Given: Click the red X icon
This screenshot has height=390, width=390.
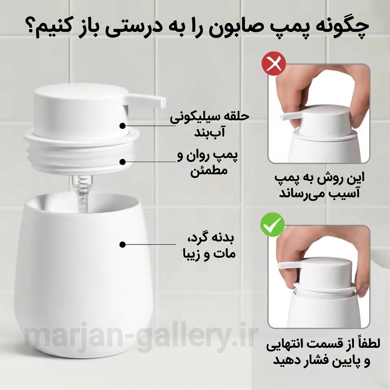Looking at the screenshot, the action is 273,64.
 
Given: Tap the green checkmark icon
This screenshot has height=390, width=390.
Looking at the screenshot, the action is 272,225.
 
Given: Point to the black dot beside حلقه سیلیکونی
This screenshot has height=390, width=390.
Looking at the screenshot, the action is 122,126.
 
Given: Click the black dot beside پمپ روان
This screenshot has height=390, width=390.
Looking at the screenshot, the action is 122,162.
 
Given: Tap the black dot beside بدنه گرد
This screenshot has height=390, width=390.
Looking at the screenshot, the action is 122,245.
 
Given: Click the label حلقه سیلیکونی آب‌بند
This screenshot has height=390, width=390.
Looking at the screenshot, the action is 209,125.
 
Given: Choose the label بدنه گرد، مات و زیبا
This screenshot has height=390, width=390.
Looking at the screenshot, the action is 209,246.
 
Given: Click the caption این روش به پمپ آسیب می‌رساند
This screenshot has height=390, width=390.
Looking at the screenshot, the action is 320,185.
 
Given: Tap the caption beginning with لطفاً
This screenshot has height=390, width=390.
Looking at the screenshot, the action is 323,352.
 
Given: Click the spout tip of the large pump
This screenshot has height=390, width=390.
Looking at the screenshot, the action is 163,102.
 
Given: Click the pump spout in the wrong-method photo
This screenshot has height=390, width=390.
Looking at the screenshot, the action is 291,116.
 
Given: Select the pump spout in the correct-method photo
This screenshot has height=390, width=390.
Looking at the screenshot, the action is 289,266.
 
